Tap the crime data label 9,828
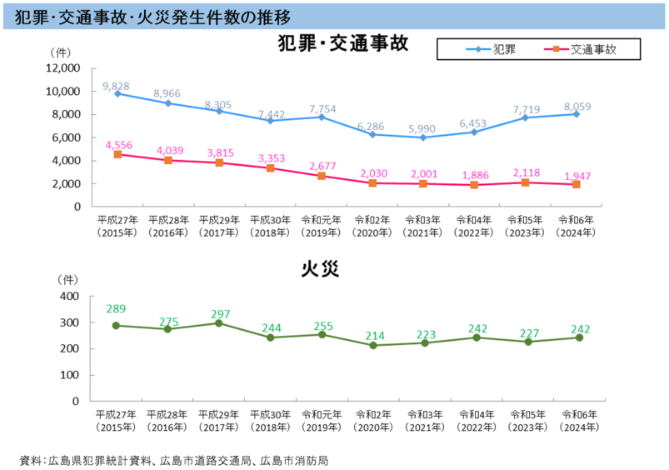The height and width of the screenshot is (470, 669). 116,87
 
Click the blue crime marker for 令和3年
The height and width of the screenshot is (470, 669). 423,137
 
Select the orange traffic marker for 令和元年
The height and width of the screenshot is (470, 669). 321,176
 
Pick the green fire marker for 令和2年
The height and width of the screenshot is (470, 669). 372,345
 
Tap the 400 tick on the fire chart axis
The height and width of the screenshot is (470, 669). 69,297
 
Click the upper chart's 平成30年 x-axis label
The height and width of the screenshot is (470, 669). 270,226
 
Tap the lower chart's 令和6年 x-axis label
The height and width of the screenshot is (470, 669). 577,420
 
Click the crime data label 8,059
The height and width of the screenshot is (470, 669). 577,107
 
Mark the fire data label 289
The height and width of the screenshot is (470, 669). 117,309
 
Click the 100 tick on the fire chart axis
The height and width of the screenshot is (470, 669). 69,375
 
